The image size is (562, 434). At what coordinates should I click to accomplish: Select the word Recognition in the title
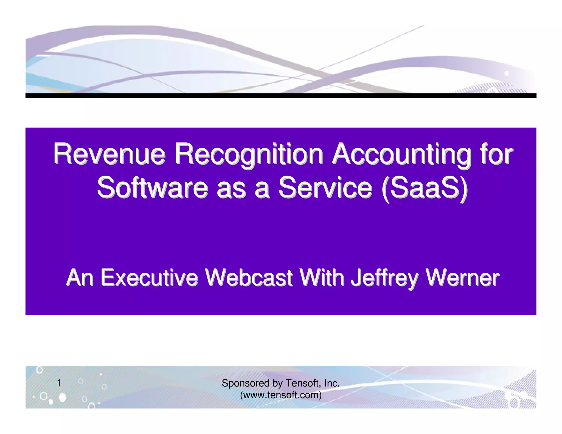[249, 154]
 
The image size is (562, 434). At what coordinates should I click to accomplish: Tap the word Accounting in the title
[401, 154]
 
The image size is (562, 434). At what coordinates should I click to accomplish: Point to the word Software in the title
[153, 188]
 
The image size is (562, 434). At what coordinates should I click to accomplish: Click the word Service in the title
[325, 188]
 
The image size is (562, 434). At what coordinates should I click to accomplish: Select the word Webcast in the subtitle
[249, 278]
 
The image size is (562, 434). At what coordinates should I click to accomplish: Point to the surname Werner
[462, 278]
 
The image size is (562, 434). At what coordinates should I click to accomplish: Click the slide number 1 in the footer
[58, 383]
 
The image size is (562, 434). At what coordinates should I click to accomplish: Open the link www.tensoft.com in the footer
[281, 395]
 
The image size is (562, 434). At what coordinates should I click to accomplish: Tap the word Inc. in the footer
[332, 383]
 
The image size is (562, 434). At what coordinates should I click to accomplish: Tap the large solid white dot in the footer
[63, 397]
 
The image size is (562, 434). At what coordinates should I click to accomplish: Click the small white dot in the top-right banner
[507, 74]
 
